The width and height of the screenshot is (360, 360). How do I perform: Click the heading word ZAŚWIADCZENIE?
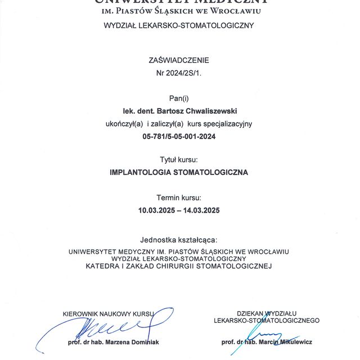[179, 60]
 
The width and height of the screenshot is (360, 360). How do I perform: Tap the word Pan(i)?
[179, 98]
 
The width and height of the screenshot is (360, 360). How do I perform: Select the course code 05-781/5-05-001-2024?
[179, 136]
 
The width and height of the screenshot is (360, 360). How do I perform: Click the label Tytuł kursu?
[179, 160]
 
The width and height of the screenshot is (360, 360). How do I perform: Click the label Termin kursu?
[179, 197]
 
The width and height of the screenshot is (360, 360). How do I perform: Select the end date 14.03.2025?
[201, 210]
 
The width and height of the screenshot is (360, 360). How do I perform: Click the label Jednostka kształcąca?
[179, 239]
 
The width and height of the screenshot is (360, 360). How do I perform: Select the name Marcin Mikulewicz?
[286, 341]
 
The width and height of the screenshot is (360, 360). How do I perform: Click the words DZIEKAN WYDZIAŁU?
[267, 313]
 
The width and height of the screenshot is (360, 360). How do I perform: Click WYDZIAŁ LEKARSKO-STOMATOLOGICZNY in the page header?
[179, 25]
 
